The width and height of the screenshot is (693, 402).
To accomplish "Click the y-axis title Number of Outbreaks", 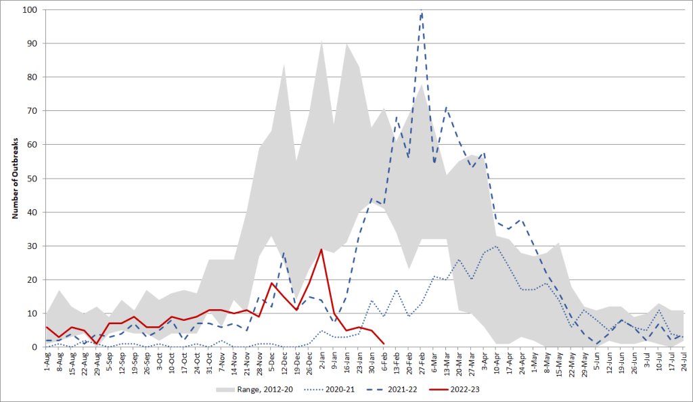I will (x=14, y=179).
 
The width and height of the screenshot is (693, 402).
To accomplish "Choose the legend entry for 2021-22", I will (x=390, y=390).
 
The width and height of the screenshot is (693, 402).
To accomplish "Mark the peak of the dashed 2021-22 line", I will (x=422, y=10).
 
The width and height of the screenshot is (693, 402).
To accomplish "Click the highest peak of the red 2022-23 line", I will (x=321, y=250).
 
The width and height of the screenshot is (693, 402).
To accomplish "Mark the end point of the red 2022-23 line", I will (x=384, y=344).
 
